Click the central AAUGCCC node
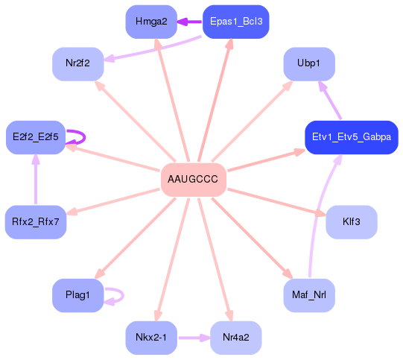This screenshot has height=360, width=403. tap(193, 180)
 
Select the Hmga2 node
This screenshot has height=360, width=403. tap(151, 22)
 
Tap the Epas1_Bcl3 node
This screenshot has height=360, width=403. tap(235, 22)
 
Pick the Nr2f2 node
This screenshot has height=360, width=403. tap(77, 63)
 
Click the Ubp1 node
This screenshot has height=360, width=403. tap(308, 63)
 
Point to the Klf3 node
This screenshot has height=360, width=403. tap(351, 222)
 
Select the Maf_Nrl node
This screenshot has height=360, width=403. tap(308, 296)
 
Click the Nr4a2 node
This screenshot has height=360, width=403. tap(235, 338)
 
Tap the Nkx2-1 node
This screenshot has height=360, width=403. tap(151, 338)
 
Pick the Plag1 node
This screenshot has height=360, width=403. tap(77, 296)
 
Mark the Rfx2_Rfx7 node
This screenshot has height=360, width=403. tap(36, 222)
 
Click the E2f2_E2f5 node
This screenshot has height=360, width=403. tap(36, 138)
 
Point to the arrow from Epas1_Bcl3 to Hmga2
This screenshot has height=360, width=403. tap(190, 22)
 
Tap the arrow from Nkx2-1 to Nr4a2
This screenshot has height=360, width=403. tap(193, 338)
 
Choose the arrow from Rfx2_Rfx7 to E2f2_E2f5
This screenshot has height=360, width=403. tap(36, 180)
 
